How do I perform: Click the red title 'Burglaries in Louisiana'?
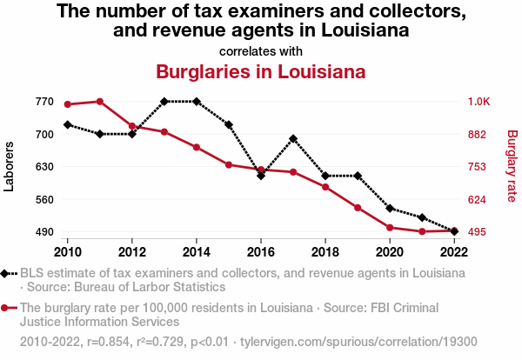tap(259, 71)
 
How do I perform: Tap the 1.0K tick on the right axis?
tap(479, 102)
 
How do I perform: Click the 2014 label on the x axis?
tap(197, 252)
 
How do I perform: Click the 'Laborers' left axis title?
tap(10, 167)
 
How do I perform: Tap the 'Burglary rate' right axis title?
tap(512, 167)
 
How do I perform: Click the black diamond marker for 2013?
tap(164, 102)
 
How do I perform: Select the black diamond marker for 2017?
tap(293, 138)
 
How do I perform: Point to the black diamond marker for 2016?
tap(261, 176)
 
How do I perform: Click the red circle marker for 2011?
tap(100, 102)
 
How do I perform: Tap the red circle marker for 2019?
tap(358, 208)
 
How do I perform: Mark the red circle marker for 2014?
tap(197, 147)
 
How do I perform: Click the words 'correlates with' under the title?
tap(260, 50)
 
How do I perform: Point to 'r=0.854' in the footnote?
tap(109, 342)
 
